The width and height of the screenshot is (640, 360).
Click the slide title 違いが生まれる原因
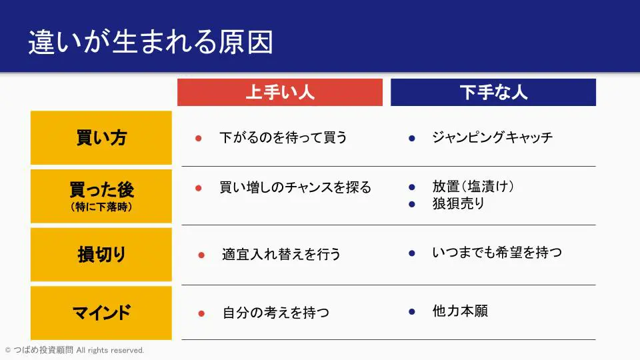[x=151, y=41]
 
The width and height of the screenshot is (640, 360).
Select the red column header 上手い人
[x=280, y=92]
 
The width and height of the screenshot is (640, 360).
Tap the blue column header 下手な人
[x=493, y=92]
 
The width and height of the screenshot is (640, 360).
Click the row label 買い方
[x=101, y=137]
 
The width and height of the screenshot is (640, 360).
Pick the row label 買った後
[x=101, y=189]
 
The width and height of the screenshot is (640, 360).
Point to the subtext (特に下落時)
[x=101, y=207]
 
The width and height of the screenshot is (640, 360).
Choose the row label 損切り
[x=101, y=254]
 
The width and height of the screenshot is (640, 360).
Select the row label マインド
[x=101, y=313]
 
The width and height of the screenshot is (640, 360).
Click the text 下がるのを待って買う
[x=283, y=137]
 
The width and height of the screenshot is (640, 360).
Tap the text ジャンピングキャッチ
[x=493, y=137]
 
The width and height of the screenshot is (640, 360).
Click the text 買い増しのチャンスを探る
[x=295, y=187]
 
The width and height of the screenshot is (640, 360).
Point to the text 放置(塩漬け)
[x=473, y=187]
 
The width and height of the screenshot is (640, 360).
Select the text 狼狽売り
[x=459, y=203]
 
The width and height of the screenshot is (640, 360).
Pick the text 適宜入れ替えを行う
[x=281, y=254]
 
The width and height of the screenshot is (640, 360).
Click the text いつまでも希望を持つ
[x=497, y=253]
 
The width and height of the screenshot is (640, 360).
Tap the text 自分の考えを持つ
[x=276, y=313]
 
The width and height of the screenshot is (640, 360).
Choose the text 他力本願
[x=460, y=311]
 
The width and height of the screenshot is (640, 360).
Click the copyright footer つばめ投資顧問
[x=43, y=350]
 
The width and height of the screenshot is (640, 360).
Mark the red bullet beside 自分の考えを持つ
[x=201, y=313]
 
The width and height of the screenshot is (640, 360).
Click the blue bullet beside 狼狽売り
[x=412, y=204]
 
